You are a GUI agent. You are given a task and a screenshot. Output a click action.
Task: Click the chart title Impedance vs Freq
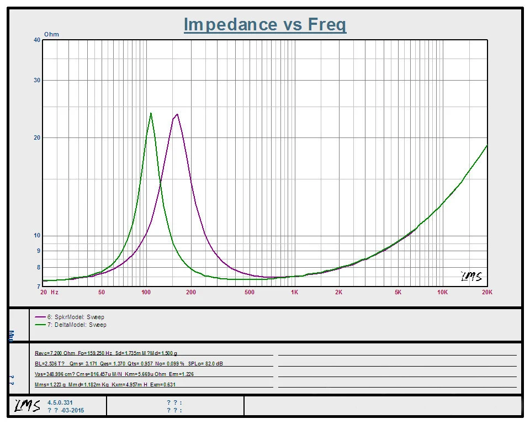(265, 24)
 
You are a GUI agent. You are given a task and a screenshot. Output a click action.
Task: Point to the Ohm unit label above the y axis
(51, 34)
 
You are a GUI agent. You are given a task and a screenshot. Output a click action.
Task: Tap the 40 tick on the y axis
(37, 40)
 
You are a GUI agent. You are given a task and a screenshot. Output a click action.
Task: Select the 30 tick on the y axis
(37, 80)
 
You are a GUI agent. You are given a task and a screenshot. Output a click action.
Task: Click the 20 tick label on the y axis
(37, 137)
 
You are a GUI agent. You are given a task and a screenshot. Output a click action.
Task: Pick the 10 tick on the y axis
(37, 236)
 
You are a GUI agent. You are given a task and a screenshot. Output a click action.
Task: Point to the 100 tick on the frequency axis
(146, 292)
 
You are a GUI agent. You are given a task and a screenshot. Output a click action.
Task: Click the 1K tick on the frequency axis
(294, 292)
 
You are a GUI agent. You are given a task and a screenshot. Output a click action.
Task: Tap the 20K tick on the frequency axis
(486, 292)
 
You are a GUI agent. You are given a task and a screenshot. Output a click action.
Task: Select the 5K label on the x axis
(397, 292)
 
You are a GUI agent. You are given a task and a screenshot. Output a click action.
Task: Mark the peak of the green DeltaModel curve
(151, 113)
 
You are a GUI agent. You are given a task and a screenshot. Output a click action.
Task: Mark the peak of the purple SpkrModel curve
(177, 114)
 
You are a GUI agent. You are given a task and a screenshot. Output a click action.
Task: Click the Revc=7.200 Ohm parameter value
(55, 352)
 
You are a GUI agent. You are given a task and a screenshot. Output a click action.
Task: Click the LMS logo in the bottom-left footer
(27, 406)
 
